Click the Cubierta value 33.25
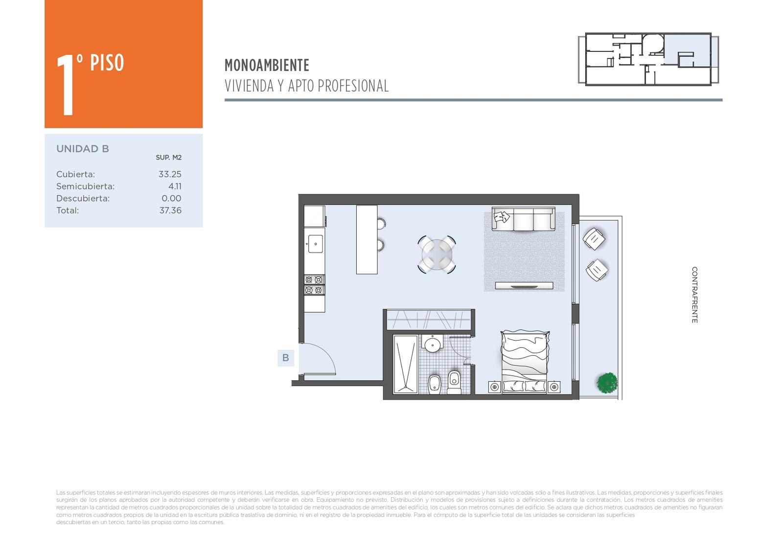tap(170, 174)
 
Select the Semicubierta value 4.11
tap(175, 186)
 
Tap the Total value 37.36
tap(170, 210)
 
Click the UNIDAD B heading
tap(83, 149)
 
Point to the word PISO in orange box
tap(107, 63)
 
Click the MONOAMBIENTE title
tap(267, 65)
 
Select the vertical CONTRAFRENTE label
tap(694, 295)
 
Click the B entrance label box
tap(286, 358)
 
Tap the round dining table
tap(437, 254)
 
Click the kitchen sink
tap(315, 244)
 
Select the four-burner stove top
tap(314, 285)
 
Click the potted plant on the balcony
tap(607, 382)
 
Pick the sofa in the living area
tap(523, 219)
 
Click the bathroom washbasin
tap(433, 345)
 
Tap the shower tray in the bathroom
tap(405, 364)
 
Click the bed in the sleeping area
tap(524, 360)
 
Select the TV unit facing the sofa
tap(524, 285)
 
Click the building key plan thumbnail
tap(648, 59)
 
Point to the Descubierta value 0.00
tap(171, 199)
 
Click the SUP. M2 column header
tap(168, 158)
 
